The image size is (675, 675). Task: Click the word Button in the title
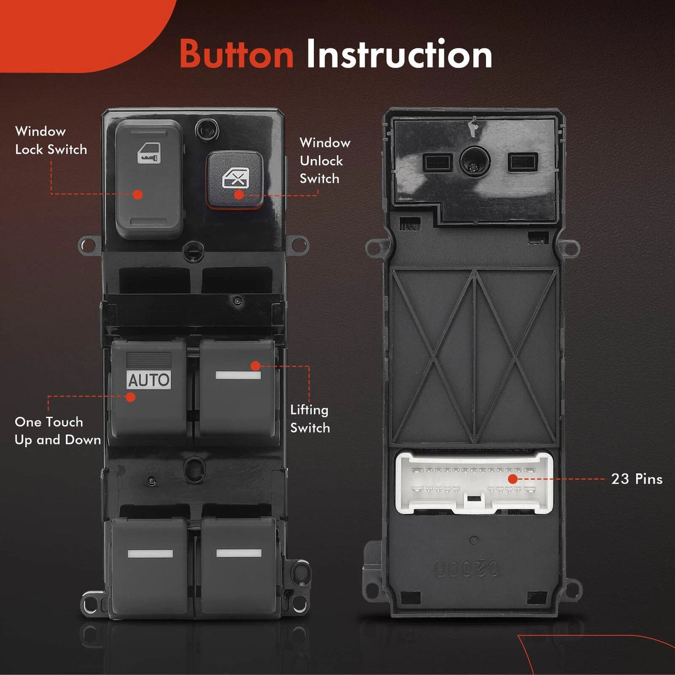pos(237,55)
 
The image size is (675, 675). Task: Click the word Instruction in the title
pos(399,54)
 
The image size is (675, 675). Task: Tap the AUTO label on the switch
pos(148,380)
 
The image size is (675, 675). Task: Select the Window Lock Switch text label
pos(51,141)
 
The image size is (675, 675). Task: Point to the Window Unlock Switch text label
pos(325,160)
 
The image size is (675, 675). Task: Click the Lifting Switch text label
pos(310,419)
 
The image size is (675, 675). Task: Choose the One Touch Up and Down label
pos(58,431)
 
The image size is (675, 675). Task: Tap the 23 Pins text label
pos(637,479)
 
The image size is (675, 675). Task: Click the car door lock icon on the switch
pos(149,153)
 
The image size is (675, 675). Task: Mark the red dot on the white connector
pos(512,479)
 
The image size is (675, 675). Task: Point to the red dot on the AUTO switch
pos(130,397)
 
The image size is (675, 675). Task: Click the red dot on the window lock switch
pos(138,195)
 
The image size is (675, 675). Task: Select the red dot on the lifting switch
pos(255,366)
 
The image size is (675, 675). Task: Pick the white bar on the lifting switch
pos(238,376)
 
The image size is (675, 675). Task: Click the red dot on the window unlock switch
pos(239,195)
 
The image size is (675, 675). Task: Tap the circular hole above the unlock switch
pos(206,129)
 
